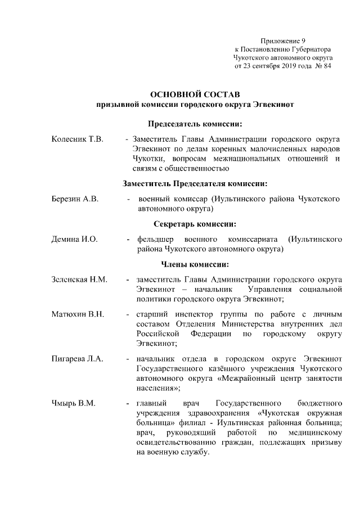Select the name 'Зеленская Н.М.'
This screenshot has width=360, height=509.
click(x=79, y=280)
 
